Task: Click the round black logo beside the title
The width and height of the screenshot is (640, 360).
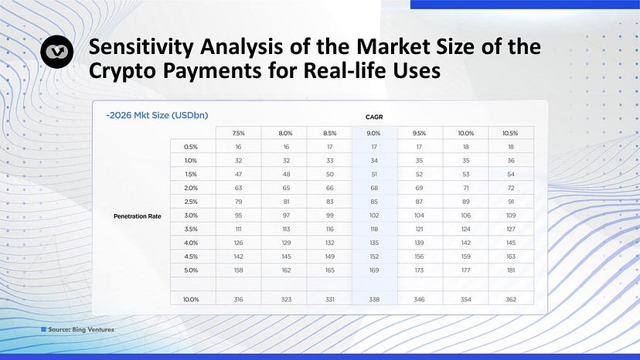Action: (x=56, y=52)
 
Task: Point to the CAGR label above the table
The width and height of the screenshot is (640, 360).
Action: (x=374, y=117)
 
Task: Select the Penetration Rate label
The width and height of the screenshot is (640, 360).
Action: (x=137, y=216)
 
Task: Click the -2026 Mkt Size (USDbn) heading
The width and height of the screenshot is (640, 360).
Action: (x=157, y=115)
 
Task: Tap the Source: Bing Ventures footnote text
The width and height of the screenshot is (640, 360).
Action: (x=81, y=329)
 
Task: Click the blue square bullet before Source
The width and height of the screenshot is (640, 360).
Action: (x=44, y=329)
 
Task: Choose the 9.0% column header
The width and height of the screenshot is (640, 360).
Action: (x=373, y=133)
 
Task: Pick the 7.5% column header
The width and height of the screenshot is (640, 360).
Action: (x=238, y=133)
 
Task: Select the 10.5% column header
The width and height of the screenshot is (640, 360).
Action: (x=510, y=133)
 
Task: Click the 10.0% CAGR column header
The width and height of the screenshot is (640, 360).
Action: (x=466, y=133)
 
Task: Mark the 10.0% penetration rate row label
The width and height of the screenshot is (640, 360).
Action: (x=191, y=300)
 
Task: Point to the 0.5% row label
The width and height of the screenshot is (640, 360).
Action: (x=191, y=147)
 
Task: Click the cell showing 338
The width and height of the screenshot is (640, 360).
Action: (x=374, y=300)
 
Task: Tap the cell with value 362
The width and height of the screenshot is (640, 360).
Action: (x=511, y=300)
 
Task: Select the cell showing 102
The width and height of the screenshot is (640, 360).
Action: (x=374, y=216)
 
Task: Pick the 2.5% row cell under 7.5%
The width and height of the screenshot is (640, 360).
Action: (x=238, y=202)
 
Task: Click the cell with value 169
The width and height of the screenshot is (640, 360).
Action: (x=374, y=270)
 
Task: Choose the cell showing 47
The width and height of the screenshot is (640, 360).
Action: (x=238, y=175)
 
